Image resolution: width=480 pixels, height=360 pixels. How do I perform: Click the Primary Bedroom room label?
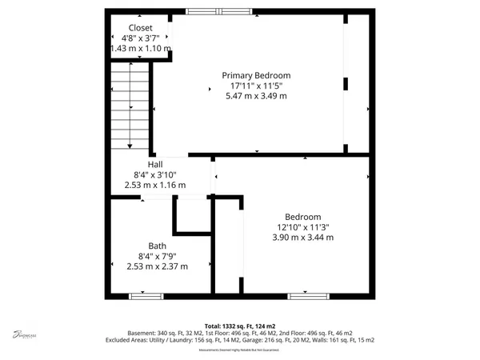tap(256, 74)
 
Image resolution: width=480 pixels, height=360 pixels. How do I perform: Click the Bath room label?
tap(157, 246)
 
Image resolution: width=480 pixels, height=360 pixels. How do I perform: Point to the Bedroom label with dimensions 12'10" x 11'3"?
tap(303, 217)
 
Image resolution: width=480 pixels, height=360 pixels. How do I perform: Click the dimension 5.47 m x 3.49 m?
tap(256, 96)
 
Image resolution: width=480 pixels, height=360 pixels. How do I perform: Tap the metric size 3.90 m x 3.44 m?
tap(303, 237)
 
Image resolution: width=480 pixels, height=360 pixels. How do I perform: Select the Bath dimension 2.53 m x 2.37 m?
tap(157, 266)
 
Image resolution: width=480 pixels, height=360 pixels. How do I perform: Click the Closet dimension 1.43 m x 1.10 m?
tap(141, 48)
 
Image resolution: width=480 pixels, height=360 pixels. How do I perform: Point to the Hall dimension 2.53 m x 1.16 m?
tap(155, 185)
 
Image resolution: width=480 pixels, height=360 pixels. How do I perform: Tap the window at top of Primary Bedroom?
tap(218, 11)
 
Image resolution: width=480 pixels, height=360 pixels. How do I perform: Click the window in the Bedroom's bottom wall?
tap(308, 296)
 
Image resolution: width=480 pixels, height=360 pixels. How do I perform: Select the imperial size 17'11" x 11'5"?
tap(256, 86)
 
